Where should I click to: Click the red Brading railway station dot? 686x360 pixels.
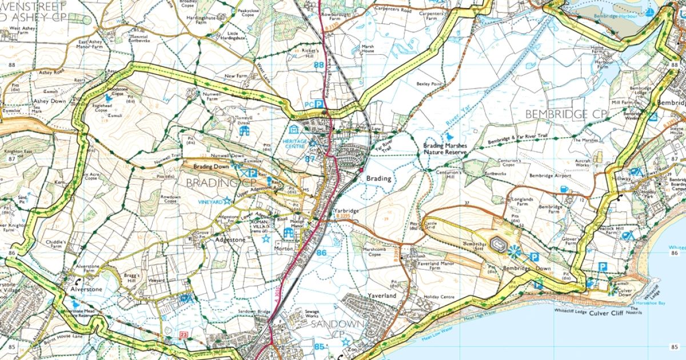[361, 170]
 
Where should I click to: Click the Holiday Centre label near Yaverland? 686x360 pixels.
[439, 297]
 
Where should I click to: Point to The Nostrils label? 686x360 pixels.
[633, 312]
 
